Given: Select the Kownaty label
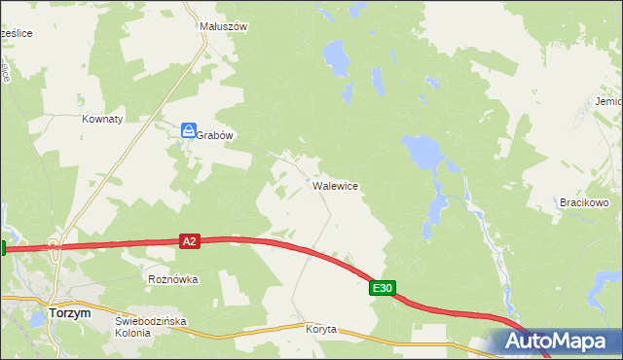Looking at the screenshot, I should (102, 119).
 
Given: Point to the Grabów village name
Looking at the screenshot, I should (216, 136).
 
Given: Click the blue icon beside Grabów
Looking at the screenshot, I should (189, 130).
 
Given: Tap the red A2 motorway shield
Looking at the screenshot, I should (190, 241).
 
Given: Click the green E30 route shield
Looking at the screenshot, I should (383, 288).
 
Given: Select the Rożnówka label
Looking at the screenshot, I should (173, 279).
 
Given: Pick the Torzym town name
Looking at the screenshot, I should (69, 313).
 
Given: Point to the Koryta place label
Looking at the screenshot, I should (320, 329).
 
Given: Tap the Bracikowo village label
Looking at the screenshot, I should (584, 202).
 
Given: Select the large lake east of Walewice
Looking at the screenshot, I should (423, 151).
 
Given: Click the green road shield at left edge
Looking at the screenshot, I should (3, 248).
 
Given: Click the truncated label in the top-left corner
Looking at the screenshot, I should (17, 33).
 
